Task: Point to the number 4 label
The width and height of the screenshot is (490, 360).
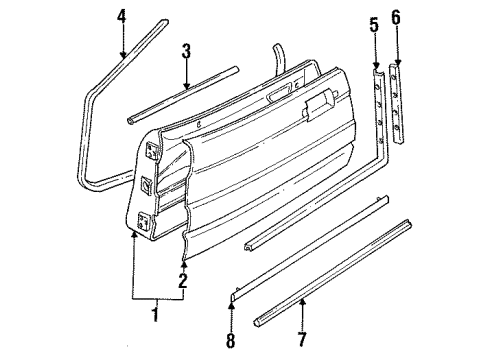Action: point(122,17)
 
